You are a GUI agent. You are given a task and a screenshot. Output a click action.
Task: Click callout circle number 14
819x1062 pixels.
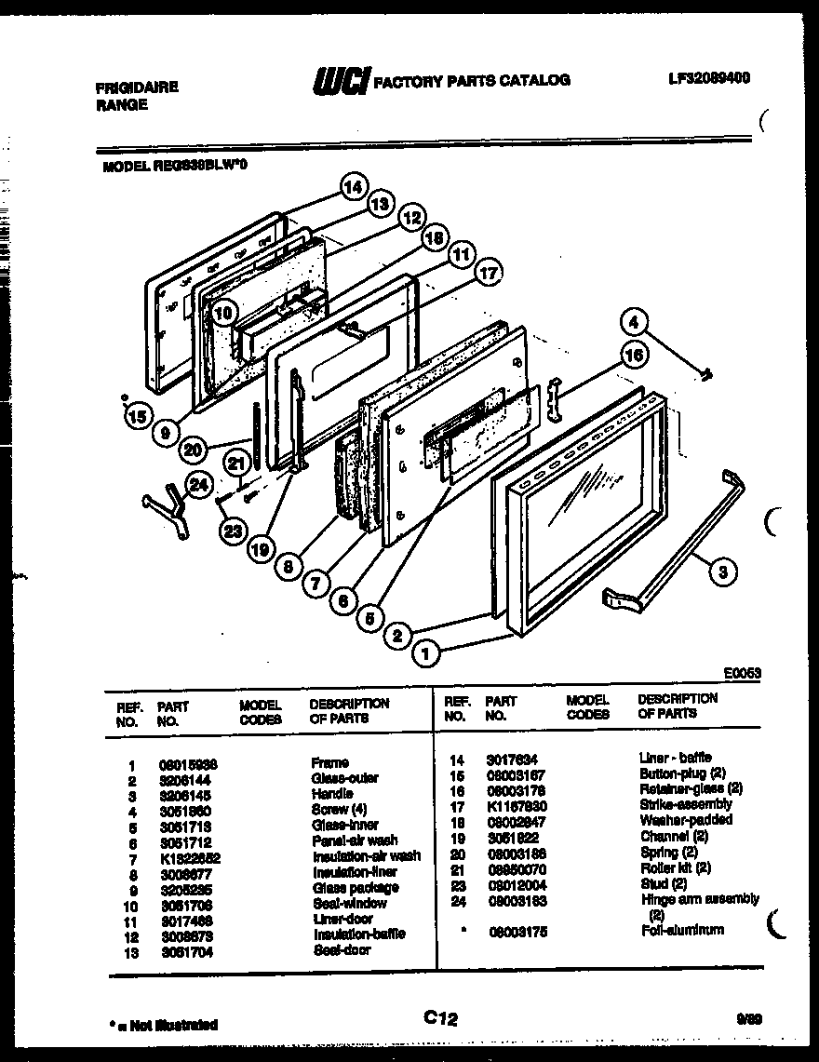352,186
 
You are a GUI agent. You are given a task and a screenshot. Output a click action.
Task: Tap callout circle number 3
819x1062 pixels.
723,572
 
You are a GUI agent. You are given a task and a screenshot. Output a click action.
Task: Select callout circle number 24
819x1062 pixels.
197,483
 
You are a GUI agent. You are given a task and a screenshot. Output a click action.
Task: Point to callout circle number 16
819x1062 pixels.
634,354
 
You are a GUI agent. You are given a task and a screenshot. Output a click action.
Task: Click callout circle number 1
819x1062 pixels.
426,654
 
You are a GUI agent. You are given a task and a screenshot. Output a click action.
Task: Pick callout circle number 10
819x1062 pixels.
222,314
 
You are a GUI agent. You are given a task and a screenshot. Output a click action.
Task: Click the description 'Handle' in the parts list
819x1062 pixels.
331,794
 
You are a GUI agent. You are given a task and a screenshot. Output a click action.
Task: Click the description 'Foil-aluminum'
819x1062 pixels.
681,930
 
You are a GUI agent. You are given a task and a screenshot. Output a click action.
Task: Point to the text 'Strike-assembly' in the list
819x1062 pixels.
685,804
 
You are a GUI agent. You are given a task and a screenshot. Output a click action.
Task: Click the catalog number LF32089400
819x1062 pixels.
709,78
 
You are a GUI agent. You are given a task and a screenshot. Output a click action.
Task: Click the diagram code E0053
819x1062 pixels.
742,671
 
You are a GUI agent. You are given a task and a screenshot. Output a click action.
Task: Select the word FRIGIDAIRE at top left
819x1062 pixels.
137,87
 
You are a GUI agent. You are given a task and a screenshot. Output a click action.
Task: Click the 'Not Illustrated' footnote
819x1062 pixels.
163,1025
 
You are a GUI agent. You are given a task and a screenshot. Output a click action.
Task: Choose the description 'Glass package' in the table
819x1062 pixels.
356,887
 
